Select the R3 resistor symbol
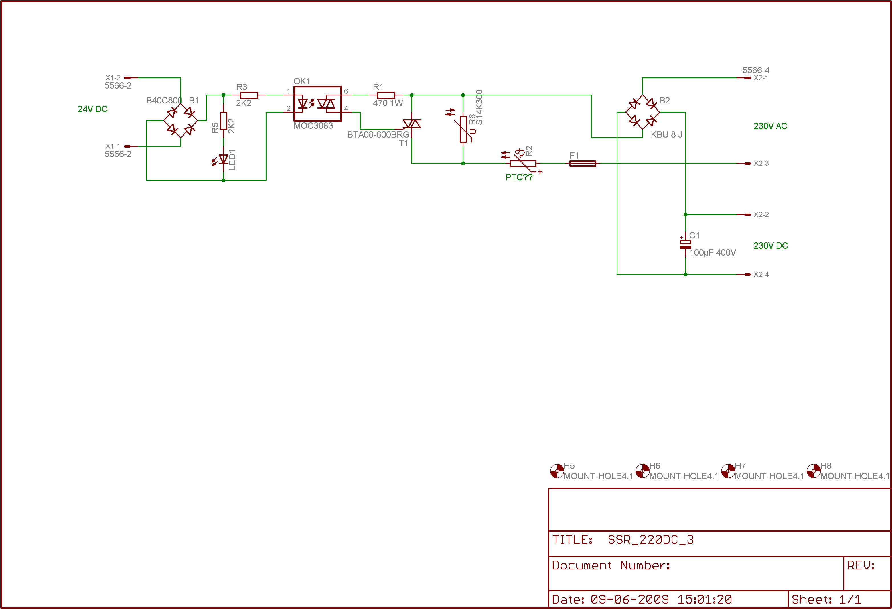click(x=249, y=95)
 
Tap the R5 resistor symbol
click(x=223, y=121)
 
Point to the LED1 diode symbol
click(x=223, y=159)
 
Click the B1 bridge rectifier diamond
click(x=181, y=120)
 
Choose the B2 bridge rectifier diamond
click(x=642, y=112)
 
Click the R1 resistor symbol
click(x=386, y=95)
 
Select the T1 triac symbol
click(x=411, y=124)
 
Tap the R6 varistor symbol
click(x=463, y=129)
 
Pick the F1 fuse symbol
click(x=583, y=164)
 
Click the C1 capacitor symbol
click(x=685, y=244)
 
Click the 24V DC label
click(x=92, y=109)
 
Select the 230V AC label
click(x=770, y=126)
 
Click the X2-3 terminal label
click(x=761, y=164)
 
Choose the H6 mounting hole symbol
click(x=642, y=471)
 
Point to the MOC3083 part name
click(x=313, y=126)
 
